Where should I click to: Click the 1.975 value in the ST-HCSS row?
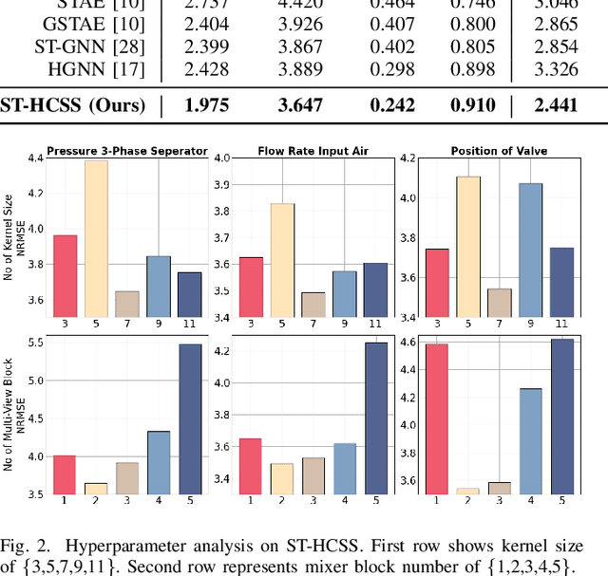[207, 104]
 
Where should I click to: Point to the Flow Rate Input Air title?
[298, 150]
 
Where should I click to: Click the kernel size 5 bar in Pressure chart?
[96, 238]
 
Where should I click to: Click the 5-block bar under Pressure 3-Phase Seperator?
[190, 418]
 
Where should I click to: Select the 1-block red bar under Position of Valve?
[437, 418]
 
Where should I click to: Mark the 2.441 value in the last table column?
[556, 104]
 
